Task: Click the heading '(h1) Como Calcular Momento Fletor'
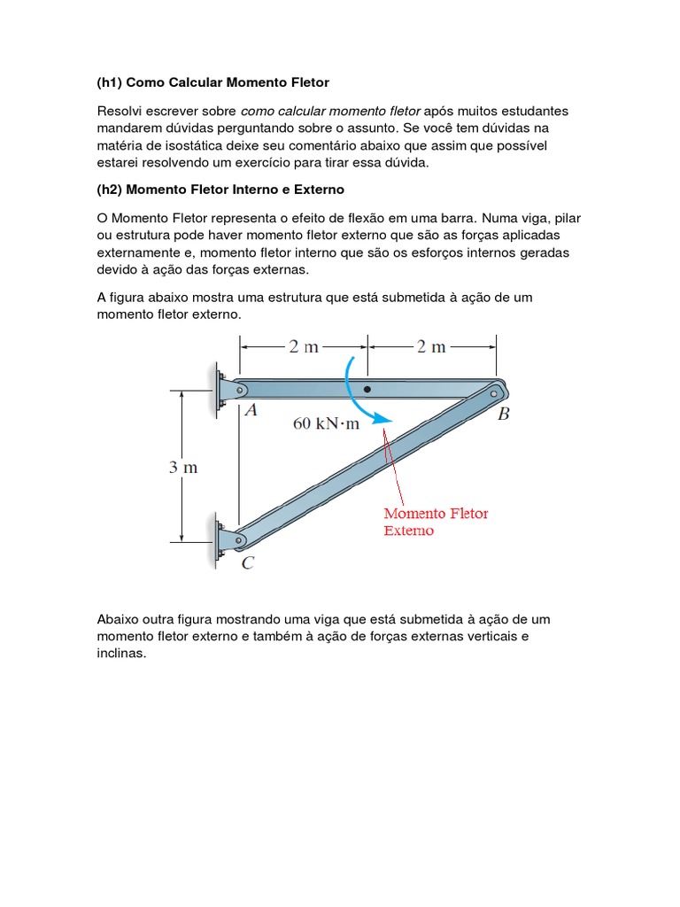[x=212, y=82]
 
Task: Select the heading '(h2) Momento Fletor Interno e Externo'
[x=220, y=190]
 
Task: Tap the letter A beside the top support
[x=251, y=410]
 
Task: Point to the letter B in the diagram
[x=503, y=415]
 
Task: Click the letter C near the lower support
[x=248, y=562]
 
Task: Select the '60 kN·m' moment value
[x=327, y=423]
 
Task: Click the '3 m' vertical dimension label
[x=183, y=468]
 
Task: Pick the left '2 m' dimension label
[x=304, y=346]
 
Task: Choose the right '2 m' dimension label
[x=431, y=346]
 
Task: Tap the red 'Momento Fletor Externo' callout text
[x=435, y=522]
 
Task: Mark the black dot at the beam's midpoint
[x=367, y=389]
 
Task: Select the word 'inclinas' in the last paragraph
[x=120, y=655]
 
